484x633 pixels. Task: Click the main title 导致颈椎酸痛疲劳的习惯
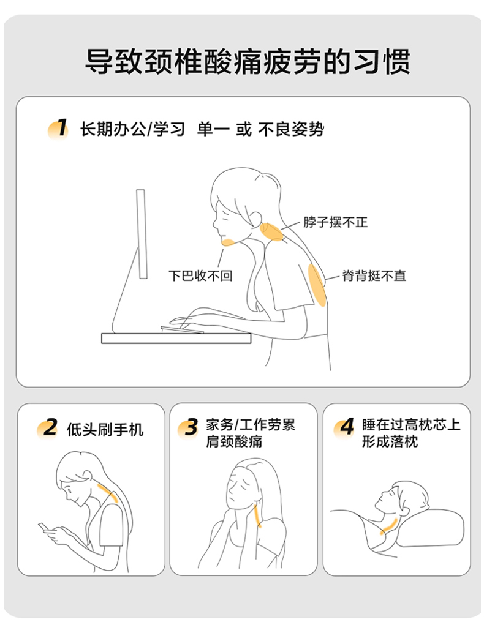click(x=248, y=62)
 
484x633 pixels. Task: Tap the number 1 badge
click(x=58, y=129)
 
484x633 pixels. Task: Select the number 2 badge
click(x=48, y=429)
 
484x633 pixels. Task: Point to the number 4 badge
click(x=344, y=427)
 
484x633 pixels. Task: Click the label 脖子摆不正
click(x=335, y=222)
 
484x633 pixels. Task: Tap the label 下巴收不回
click(x=200, y=275)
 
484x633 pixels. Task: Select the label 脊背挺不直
click(x=374, y=275)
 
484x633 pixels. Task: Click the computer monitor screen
click(x=141, y=234)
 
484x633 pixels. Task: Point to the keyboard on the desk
click(x=182, y=330)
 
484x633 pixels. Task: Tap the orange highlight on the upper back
click(x=317, y=285)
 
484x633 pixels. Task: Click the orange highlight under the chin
click(x=227, y=242)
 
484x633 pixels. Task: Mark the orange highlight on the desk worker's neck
click(x=272, y=232)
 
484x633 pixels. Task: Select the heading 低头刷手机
click(x=105, y=429)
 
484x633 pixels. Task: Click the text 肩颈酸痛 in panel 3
click(x=234, y=441)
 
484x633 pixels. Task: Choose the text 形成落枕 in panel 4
click(x=390, y=441)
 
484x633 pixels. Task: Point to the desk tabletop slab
click(x=176, y=339)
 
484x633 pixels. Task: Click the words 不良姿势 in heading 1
click(x=291, y=130)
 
